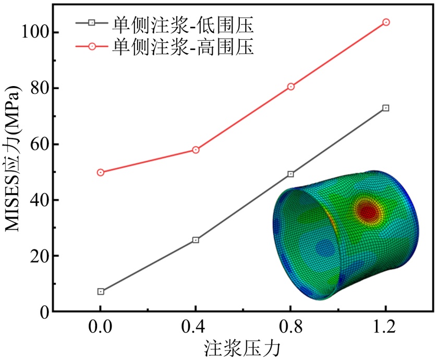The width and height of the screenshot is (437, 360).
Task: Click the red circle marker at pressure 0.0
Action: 100,172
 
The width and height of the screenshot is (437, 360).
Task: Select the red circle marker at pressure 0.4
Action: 196,150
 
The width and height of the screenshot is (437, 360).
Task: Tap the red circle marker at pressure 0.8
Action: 290,87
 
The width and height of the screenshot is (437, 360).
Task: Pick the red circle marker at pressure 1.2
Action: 386,22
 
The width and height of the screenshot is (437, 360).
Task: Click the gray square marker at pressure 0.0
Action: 100,292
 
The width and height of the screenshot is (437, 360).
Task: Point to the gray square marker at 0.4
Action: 196,240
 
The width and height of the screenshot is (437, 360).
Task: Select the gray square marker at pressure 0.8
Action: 290,174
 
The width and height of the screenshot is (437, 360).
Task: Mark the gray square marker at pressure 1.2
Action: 386,108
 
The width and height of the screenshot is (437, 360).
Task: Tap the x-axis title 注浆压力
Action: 243,348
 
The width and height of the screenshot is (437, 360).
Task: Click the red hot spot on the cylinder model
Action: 367,212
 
